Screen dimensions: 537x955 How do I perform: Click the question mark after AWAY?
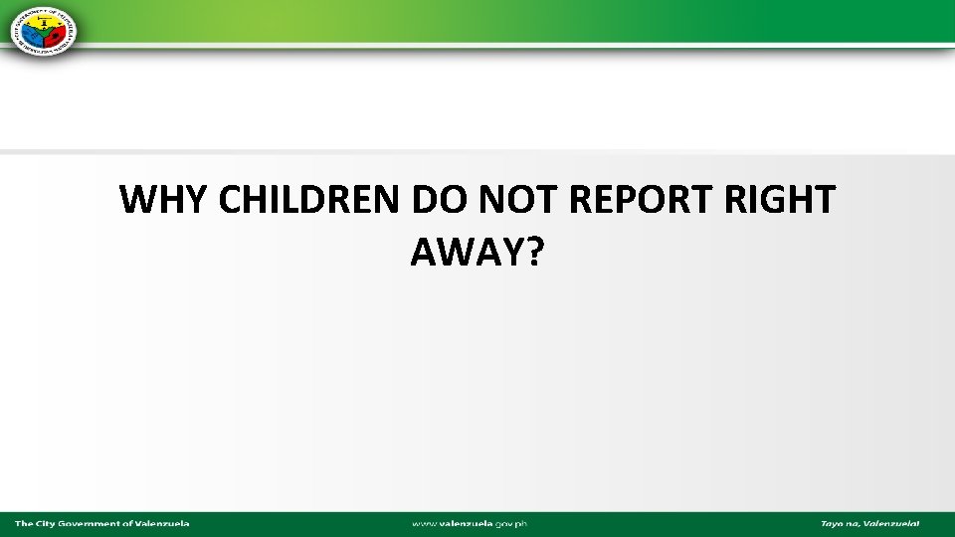(x=535, y=254)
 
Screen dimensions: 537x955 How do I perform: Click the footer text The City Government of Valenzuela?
(x=101, y=523)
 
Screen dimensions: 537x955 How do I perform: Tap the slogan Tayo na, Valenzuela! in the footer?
(x=869, y=523)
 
